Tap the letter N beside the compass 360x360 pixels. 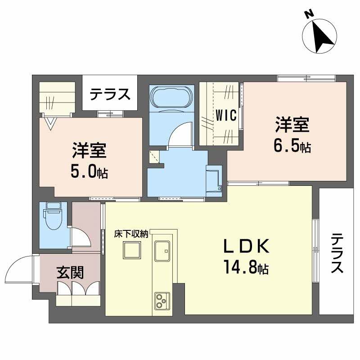coord(310,14)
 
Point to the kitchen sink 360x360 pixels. coord(162,251)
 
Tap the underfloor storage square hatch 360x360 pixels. coord(132,250)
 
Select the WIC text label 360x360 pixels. coord(226,115)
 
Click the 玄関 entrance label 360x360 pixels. coord(70,272)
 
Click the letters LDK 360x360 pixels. coord(246,246)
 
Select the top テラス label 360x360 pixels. coord(110,94)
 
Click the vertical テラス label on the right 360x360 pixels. coord(337,253)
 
